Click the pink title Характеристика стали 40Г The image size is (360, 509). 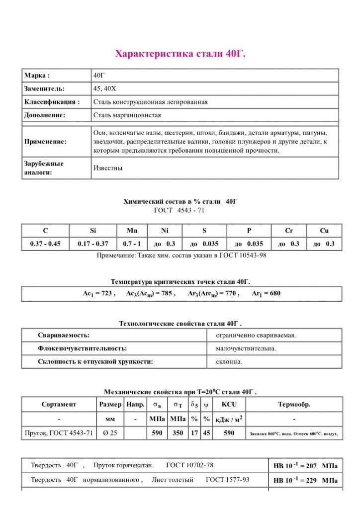click(180, 53)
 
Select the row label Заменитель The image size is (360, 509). click(44, 88)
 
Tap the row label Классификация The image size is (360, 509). click(52, 102)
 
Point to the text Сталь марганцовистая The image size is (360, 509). click(127, 115)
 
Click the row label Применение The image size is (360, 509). click(45, 142)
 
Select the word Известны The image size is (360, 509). click(108, 168)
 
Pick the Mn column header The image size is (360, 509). click(132, 231)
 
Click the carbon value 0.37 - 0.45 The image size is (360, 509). click(45, 244)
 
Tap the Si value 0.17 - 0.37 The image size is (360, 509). click(93, 244)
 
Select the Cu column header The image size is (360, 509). click(324, 231)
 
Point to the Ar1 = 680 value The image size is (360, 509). click(266, 294)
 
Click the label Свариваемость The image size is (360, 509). click(64, 335)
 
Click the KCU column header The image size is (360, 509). click(229, 405)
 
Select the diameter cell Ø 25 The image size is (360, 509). click(110, 433)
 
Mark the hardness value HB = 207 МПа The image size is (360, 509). click(305, 466)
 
